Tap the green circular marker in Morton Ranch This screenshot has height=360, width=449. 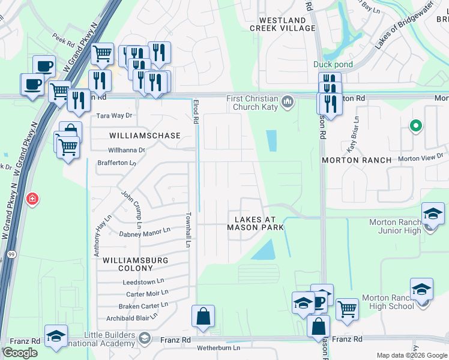414,126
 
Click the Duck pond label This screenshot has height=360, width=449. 332,64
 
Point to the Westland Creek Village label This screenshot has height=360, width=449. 282,24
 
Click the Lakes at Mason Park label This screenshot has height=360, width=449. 255,223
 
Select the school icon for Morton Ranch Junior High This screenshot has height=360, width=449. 432,215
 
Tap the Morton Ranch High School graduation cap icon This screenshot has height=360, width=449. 421,290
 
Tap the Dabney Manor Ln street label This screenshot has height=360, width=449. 145,232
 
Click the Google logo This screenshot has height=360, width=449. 20,353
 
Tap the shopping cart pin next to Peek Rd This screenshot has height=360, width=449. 103,54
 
